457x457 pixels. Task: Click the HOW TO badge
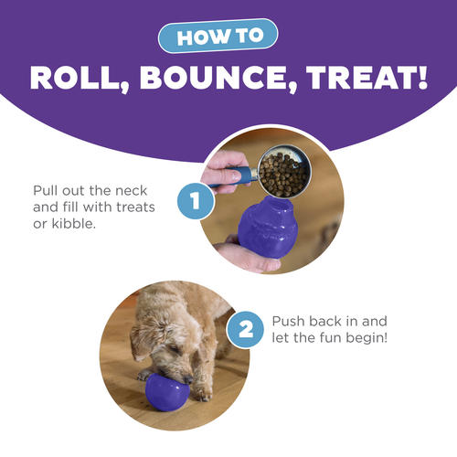tap(218, 36)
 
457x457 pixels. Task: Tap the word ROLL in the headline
tap(79, 78)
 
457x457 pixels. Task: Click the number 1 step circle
tap(196, 201)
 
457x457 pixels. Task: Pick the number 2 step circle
tap(245, 330)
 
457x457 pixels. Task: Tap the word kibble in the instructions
tap(72, 224)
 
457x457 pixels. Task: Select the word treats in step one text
tap(135, 207)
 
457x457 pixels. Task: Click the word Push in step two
tap(289, 321)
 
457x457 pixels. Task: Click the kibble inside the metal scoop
tap(283, 175)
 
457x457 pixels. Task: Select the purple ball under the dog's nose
tap(167, 392)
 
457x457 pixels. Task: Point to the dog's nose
tap(188, 379)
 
